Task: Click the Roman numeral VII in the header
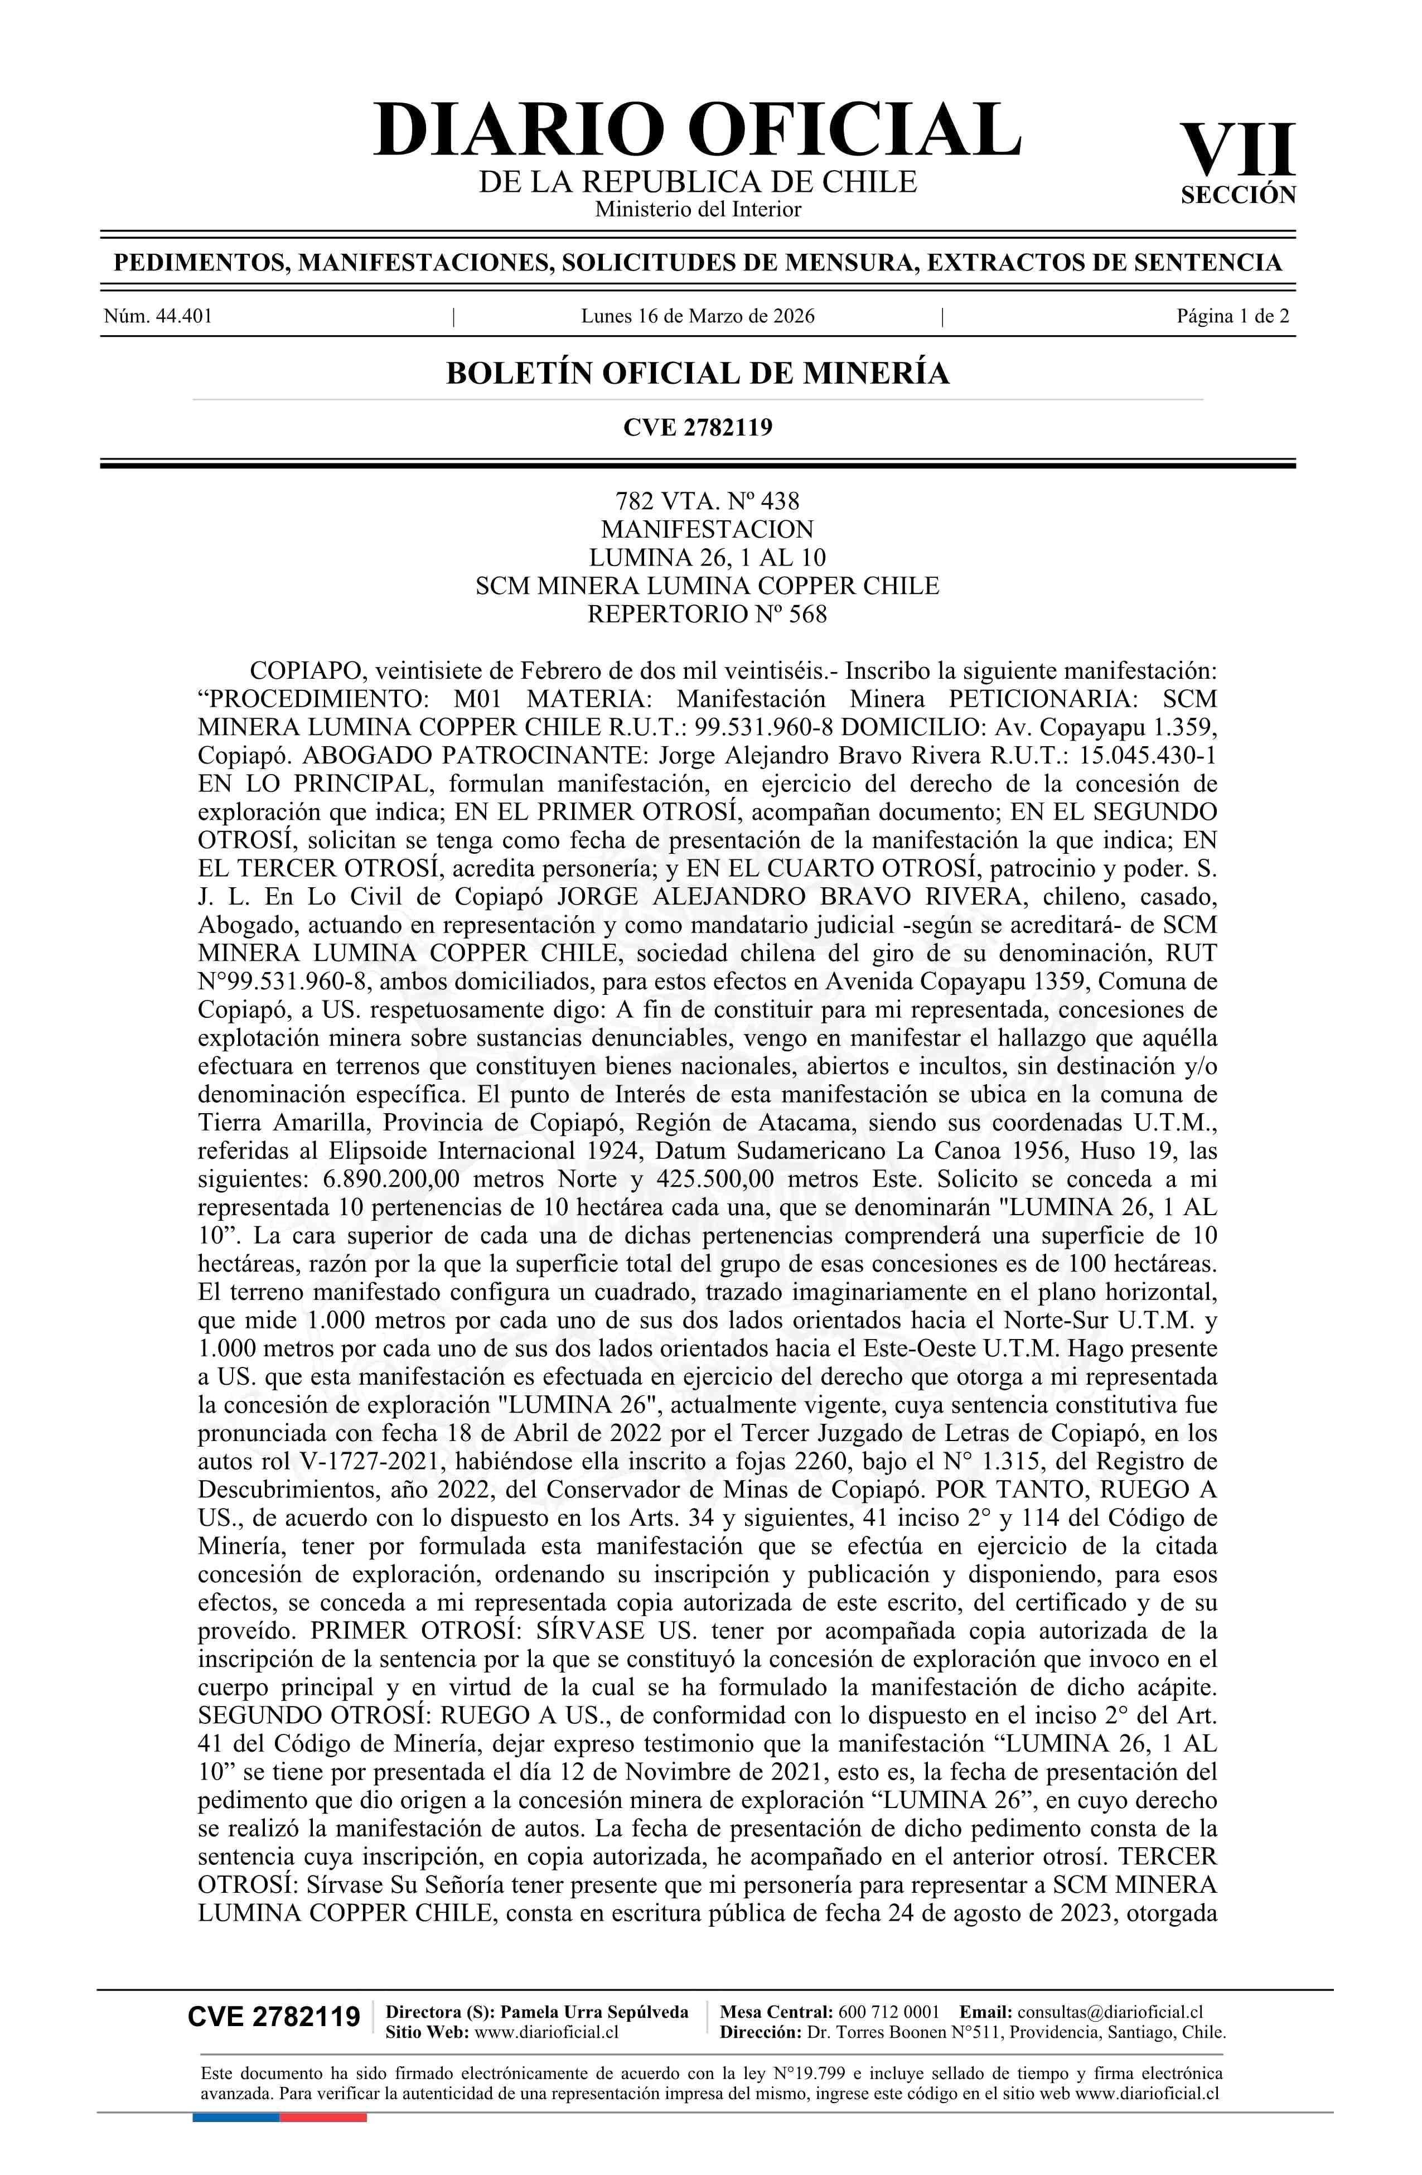(x=1237, y=151)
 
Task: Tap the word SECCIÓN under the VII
(x=1239, y=196)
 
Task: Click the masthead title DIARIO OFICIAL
(x=697, y=130)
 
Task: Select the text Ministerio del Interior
(x=697, y=209)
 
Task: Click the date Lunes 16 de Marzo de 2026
(x=697, y=317)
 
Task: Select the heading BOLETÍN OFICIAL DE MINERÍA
(x=697, y=374)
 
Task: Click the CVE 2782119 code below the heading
(x=697, y=427)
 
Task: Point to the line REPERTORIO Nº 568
(x=707, y=614)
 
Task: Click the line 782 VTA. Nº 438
(x=707, y=501)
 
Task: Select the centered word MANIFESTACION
(x=707, y=529)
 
